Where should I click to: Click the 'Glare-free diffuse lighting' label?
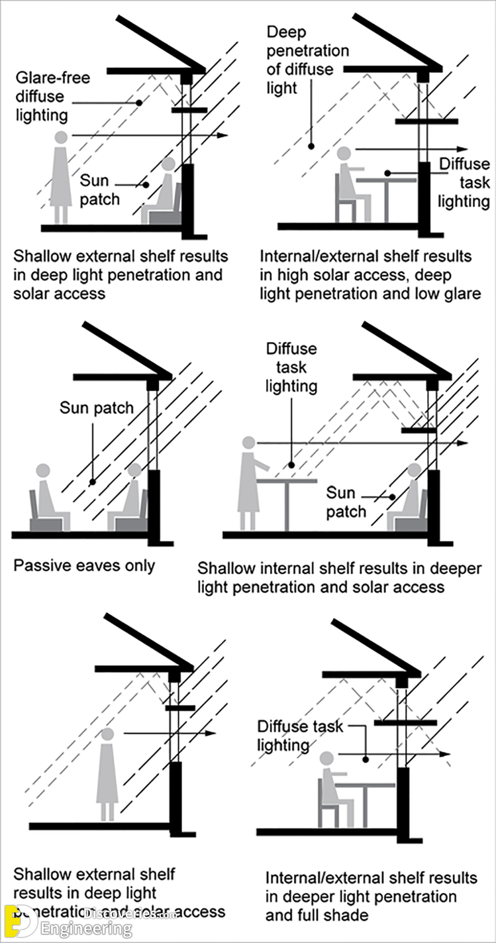point(52,96)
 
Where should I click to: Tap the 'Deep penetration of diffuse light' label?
point(307,60)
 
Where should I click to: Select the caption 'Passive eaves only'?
point(84,565)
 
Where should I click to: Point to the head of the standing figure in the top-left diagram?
point(61,137)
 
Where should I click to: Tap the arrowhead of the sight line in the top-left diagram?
point(223,135)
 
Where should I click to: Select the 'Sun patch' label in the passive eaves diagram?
point(96,407)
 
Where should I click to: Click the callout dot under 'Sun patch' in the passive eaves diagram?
point(92,482)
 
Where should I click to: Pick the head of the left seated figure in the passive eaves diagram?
point(43,470)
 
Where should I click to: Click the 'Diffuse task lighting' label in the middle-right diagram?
point(291,367)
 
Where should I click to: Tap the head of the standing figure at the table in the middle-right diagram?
point(248,442)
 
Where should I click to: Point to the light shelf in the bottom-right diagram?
point(405,723)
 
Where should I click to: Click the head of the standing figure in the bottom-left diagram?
point(107,734)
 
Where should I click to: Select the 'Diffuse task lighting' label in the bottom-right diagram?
point(299,735)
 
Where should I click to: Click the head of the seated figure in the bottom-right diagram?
point(327,758)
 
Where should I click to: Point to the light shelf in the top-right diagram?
point(427,122)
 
